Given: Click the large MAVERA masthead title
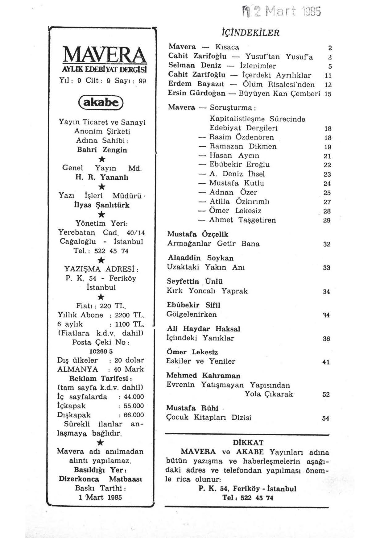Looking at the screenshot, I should [103, 56].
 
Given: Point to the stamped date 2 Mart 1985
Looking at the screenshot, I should [287, 12].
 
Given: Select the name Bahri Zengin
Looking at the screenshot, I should [102, 150].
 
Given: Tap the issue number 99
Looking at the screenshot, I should [142, 81].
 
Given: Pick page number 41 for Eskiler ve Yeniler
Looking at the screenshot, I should [326, 362].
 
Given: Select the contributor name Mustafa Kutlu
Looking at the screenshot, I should [237, 183].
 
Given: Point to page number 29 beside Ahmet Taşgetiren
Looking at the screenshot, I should [327, 220].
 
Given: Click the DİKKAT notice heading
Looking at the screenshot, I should [248, 443].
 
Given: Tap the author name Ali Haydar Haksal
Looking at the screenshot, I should [203, 329].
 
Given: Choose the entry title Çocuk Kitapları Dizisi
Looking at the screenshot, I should [209, 418].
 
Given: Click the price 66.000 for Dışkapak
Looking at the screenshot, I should [134, 415].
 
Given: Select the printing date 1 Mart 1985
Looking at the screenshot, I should [100, 497].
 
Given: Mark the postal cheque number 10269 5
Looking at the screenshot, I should [101, 352].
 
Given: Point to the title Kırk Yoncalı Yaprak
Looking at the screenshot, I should [207, 291].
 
